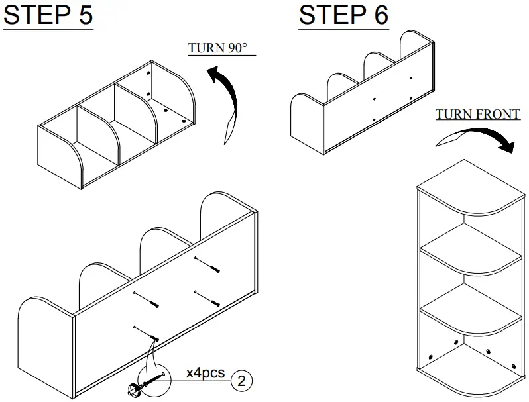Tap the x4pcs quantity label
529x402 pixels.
pos(206,374)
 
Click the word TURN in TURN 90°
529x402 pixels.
pos(206,48)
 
